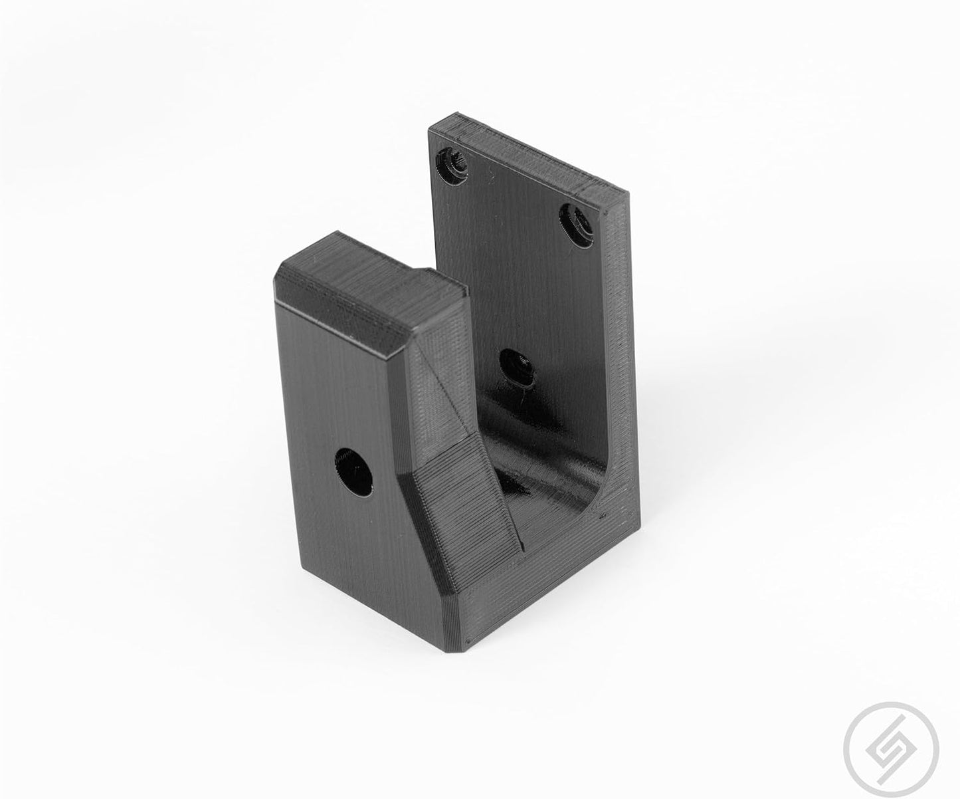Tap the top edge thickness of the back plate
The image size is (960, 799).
531,156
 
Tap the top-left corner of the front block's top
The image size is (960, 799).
280,267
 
